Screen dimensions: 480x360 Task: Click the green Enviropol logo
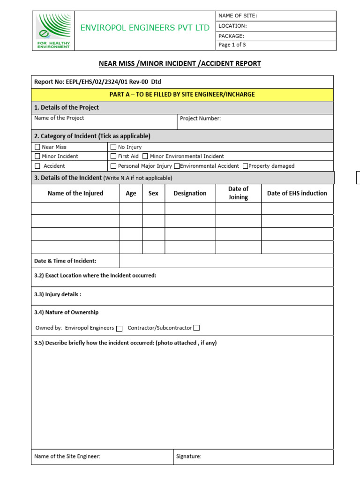click(53, 30)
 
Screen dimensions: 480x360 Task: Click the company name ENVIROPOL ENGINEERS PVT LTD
click(145, 28)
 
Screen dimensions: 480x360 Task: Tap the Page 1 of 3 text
click(232, 45)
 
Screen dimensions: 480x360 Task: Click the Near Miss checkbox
click(37, 147)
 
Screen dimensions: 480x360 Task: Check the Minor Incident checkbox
click(37, 157)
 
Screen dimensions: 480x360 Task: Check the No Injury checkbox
click(113, 147)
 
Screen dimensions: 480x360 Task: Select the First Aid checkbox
click(113, 157)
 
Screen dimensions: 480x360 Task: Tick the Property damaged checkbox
click(245, 166)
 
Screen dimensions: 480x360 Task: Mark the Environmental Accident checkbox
click(177, 166)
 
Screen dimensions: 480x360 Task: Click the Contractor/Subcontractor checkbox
click(196, 328)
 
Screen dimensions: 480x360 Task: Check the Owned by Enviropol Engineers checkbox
click(120, 329)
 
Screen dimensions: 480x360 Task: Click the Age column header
click(131, 193)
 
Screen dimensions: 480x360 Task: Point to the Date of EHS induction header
click(297, 193)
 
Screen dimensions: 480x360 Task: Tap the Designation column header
click(190, 193)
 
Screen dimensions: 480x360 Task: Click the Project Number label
click(200, 119)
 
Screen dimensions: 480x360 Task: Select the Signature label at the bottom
click(188, 456)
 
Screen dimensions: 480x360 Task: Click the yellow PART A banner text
click(182, 95)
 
